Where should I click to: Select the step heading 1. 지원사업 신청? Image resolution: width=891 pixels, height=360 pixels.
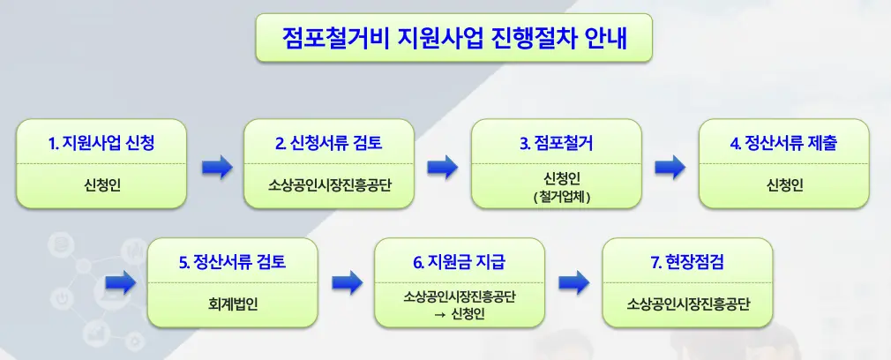[101, 143]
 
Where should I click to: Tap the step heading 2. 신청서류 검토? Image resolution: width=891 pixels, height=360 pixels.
[329, 143]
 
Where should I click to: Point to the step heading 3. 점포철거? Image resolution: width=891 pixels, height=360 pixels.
[557, 143]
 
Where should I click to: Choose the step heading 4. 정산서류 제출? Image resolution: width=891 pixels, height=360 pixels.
[784, 143]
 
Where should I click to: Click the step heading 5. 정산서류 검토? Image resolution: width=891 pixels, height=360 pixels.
[232, 262]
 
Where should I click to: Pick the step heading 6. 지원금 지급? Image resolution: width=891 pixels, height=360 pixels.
[460, 262]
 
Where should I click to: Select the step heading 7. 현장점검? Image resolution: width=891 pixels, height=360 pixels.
[687, 262]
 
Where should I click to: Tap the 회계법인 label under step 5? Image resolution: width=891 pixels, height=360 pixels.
[232, 305]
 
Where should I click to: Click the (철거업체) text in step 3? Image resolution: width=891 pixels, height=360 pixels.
[557, 197]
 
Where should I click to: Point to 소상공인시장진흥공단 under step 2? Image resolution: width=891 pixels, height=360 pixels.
[329, 185]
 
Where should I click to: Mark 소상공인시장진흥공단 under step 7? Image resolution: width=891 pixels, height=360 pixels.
[687, 305]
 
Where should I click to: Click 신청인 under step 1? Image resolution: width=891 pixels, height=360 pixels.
[101, 185]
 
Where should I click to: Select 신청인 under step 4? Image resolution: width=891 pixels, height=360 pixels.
[784, 185]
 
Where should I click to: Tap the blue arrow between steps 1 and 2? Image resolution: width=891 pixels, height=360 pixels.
[215, 166]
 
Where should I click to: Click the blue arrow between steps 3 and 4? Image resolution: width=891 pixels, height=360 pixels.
[670, 166]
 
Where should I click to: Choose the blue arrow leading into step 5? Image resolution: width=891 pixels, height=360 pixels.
[120, 283]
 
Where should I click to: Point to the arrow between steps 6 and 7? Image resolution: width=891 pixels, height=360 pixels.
[574, 283]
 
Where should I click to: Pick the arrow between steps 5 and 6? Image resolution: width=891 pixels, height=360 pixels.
[347, 283]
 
